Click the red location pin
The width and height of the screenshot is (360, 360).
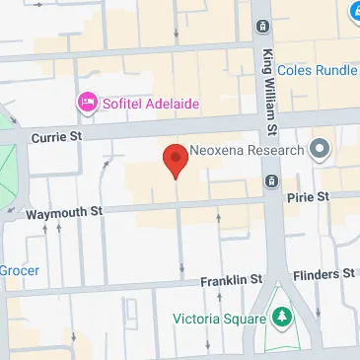pos(176,159)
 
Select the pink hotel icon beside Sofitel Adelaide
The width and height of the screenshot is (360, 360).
pos(86,101)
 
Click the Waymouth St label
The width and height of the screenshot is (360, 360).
pos(64,211)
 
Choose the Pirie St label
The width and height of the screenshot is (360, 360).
pos(307,197)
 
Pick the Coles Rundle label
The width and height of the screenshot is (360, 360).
pos(319,70)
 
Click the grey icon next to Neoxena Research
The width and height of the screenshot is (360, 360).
pos(319,150)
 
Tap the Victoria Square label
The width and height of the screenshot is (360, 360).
pos(219,319)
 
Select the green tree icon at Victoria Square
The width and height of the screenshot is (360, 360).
pos(283,318)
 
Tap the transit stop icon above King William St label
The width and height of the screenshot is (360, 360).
pos(263,26)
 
